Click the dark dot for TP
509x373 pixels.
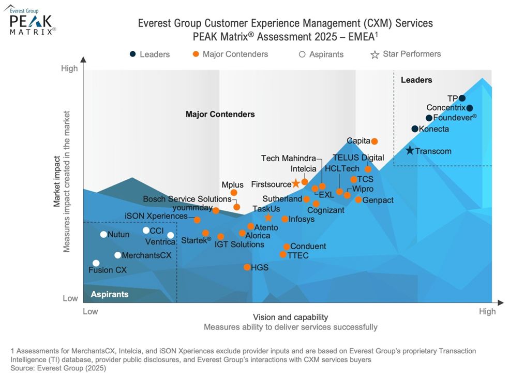click(x=462, y=98)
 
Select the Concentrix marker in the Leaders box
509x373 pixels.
click(x=470, y=108)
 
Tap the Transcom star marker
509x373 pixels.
click(x=410, y=151)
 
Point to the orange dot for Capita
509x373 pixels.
click(x=375, y=141)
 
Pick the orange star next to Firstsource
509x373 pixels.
click(x=295, y=183)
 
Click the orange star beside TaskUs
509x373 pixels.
click(x=268, y=218)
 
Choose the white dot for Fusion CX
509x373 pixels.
click(x=96, y=263)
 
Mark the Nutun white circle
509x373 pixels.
click(x=103, y=235)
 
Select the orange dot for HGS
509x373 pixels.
click(x=247, y=267)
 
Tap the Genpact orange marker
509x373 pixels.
click(x=358, y=199)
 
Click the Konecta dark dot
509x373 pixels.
click(x=415, y=128)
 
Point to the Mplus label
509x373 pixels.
click(x=232, y=185)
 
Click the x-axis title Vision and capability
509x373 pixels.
click(x=290, y=317)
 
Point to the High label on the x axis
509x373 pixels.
click(x=487, y=311)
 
